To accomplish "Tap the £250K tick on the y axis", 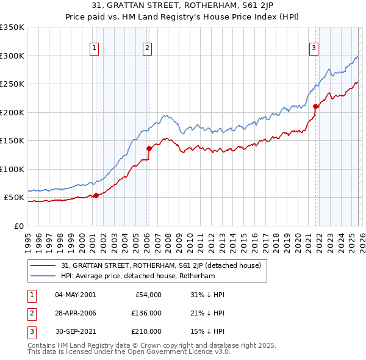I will (12, 84).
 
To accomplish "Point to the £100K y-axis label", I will (12, 170).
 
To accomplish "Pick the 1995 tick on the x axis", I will (28, 237).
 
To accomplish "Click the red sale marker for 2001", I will (96, 195).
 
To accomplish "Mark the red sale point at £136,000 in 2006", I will (149, 148).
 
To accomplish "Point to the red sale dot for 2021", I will (315, 106).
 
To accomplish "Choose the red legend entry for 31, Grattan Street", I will (161, 265).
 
